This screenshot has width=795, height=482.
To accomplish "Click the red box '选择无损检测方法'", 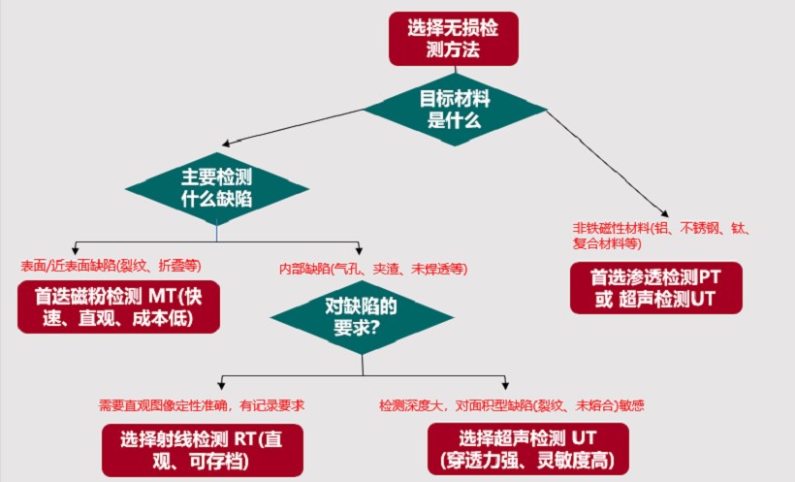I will pos(453,39).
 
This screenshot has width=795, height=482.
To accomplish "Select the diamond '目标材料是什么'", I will pos(454,109).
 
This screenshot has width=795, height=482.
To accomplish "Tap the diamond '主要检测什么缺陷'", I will pos(217,187).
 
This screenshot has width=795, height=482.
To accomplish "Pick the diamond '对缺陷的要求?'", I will pos(362,317).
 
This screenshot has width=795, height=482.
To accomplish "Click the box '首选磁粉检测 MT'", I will pos(118,306).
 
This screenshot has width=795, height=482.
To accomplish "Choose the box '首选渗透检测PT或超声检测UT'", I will pos(656,287).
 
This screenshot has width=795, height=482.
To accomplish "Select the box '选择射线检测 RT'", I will pos(203,449).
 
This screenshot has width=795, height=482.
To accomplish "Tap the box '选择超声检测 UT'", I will pos(526,449).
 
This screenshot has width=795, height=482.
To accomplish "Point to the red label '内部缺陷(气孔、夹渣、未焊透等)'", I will pos(373,268).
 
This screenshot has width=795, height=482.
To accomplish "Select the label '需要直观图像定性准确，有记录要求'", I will pos(209,404).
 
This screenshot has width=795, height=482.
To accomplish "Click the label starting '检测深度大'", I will pos(512,404).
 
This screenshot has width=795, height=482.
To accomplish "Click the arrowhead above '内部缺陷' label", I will pos(359,247).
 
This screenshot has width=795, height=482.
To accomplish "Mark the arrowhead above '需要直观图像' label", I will pos(224,382).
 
